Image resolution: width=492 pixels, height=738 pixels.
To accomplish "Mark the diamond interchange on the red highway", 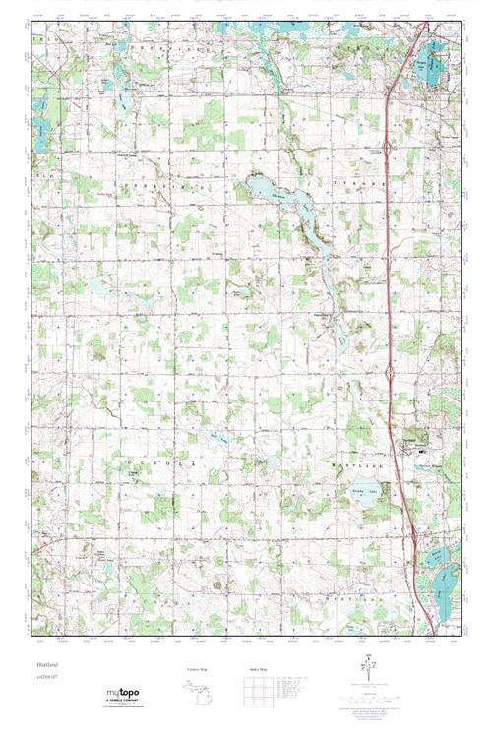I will tap(393, 370).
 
